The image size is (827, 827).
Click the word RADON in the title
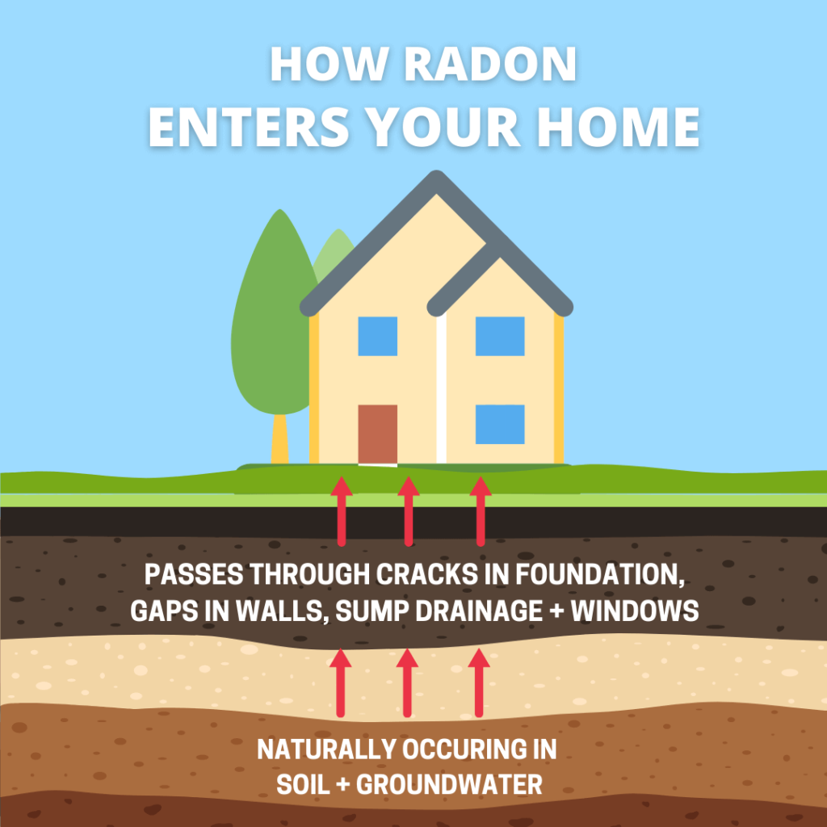[x=490, y=65]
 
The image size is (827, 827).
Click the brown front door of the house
[x=378, y=434]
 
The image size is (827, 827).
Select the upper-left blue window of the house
[x=378, y=336]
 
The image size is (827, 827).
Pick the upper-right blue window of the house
[x=500, y=336]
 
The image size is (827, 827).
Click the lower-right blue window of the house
[x=500, y=424]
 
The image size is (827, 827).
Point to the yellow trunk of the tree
[x=279, y=439]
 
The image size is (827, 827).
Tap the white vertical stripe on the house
[x=442, y=388]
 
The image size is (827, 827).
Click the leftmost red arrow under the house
[x=342, y=511]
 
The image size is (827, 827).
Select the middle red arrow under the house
[x=408, y=511]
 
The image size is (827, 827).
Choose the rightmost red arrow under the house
[x=481, y=511]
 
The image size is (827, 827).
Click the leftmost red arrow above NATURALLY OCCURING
[x=341, y=682]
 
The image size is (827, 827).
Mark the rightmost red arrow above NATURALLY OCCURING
[x=479, y=682]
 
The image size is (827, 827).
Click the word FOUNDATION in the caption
[x=600, y=575]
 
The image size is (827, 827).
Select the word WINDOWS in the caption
[x=635, y=611]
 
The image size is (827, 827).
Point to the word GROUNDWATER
[x=449, y=785]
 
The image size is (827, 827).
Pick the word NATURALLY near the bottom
[x=327, y=749]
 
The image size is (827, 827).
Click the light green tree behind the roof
[x=334, y=253]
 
